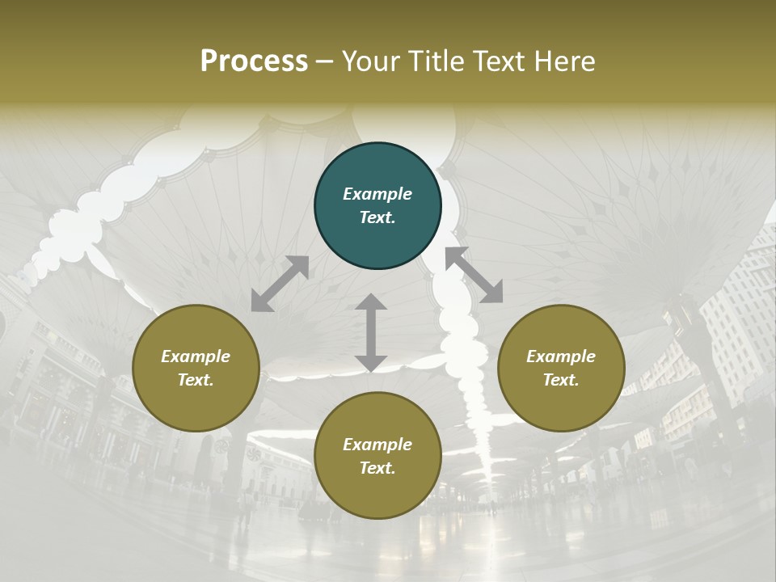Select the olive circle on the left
pos(196,368)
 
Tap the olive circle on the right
pos(561,368)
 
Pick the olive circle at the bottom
pos(377,456)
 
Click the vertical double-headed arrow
pos(371,332)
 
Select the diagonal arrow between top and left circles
pos(280,283)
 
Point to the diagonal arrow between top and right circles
pos(474,275)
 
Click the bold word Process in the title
pos(254,61)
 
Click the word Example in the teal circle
pos(377,194)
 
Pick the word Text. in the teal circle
pos(377,217)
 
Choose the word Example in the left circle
pos(196,356)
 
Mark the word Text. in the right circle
pos(561,380)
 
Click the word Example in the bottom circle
pos(377,445)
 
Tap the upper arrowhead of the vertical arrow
pos(371,302)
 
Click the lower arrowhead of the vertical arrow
pos(371,363)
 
